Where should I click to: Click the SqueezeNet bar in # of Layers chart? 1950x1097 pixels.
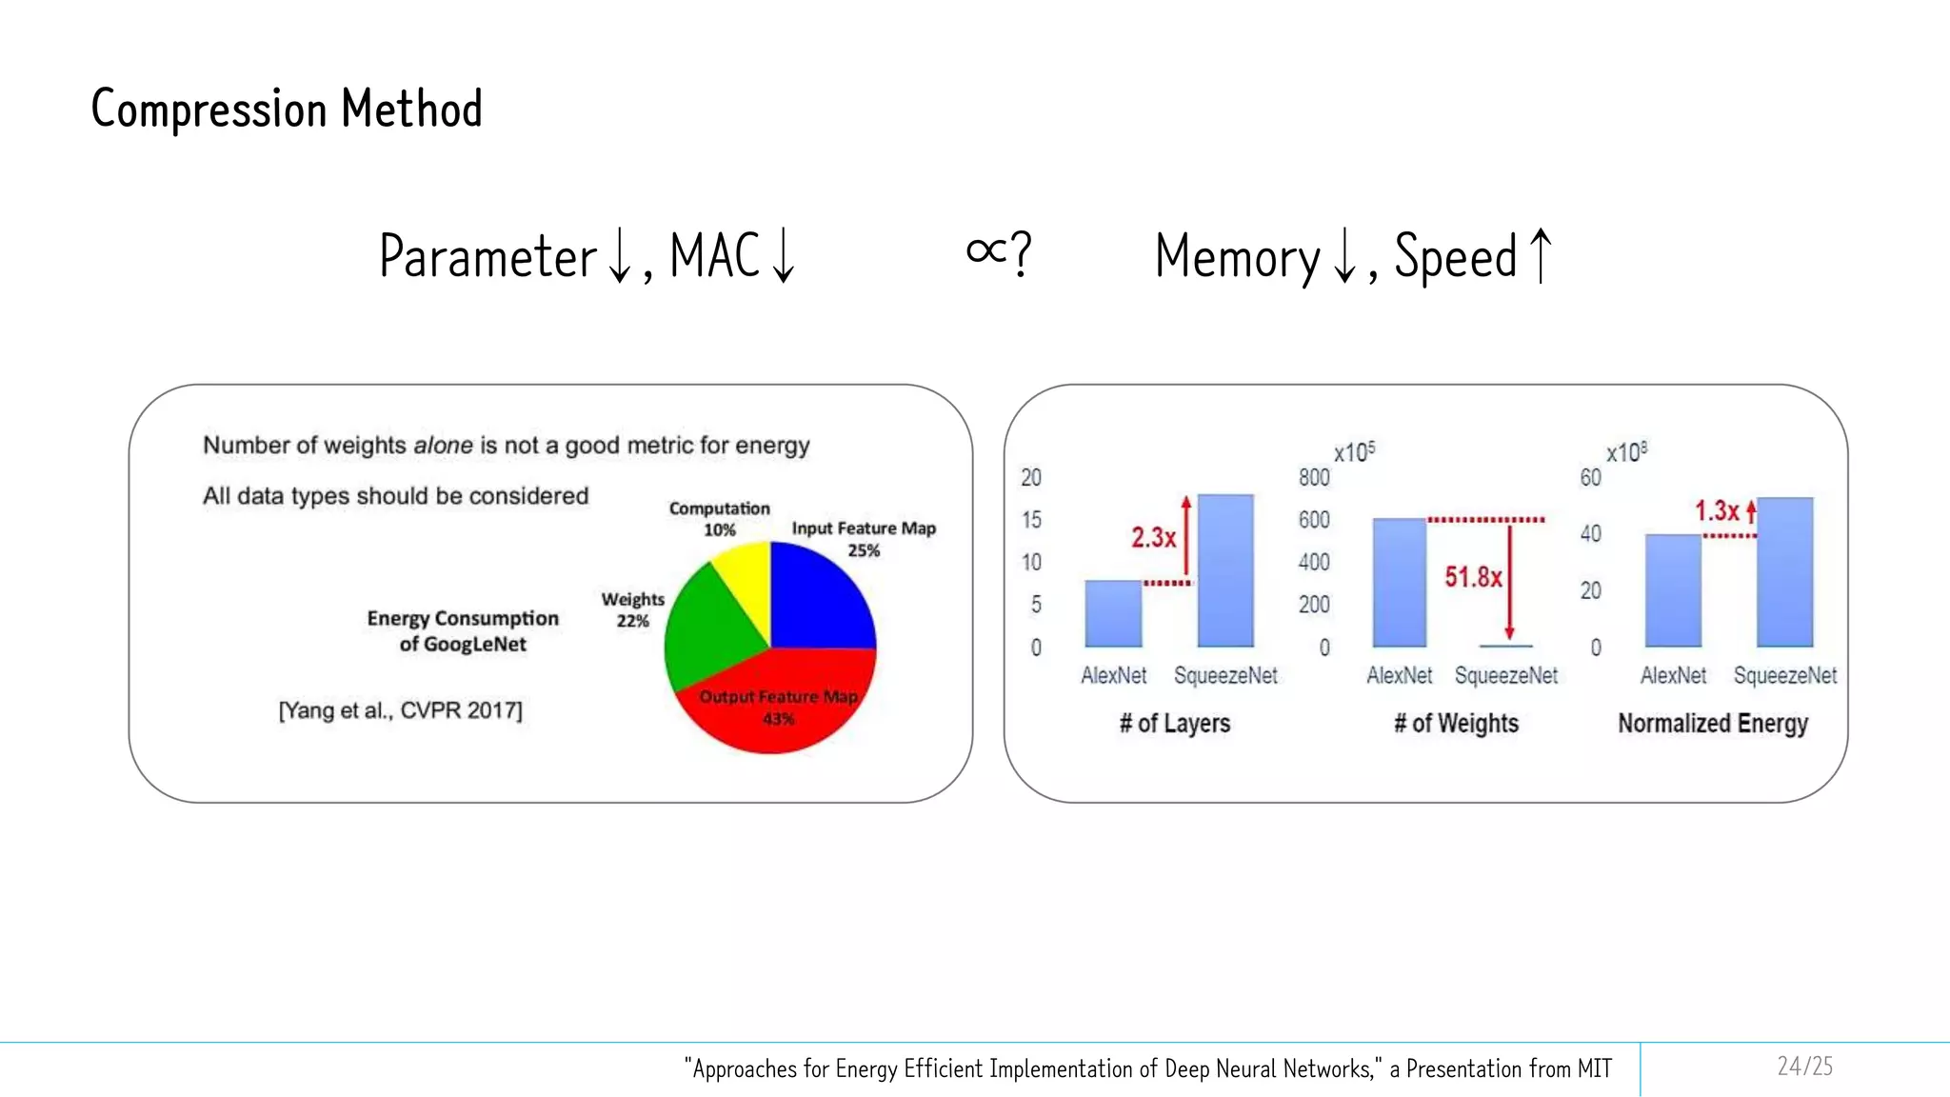tap(1225, 571)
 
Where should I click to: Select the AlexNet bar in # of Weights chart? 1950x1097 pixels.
tap(1400, 583)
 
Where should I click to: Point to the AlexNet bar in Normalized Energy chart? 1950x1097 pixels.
tap(1673, 590)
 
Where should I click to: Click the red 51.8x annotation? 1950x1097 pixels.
tap(1472, 577)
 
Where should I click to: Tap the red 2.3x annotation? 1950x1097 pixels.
tap(1153, 538)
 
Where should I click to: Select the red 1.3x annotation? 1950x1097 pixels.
tap(1717, 511)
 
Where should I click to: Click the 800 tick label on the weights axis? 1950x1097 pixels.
tap(1314, 477)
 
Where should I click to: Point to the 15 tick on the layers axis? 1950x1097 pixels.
tap(1031, 520)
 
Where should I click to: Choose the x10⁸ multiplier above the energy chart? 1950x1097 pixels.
tap(1626, 452)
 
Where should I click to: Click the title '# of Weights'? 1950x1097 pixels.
tap(1456, 724)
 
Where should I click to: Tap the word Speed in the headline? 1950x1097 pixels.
tap(1455, 257)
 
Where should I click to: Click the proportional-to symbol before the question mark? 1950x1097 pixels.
tap(986, 251)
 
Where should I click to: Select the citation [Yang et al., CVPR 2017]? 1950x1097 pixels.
tap(400, 710)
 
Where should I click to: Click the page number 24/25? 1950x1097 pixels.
tap(1804, 1067)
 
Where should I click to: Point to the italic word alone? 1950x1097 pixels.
tap(443, 446)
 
